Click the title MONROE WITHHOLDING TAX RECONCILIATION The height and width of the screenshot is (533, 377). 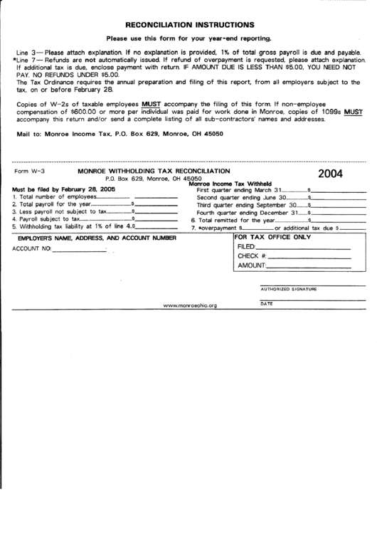tap(154, 171)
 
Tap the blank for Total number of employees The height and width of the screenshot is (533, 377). tap(156, 196)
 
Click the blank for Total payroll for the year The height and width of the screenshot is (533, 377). tap(156, 204)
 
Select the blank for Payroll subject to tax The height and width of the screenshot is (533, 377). tap(156, 220)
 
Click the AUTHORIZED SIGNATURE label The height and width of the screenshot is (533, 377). tap(288, 289)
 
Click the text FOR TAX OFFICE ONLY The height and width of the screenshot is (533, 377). tap(272, 236)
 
